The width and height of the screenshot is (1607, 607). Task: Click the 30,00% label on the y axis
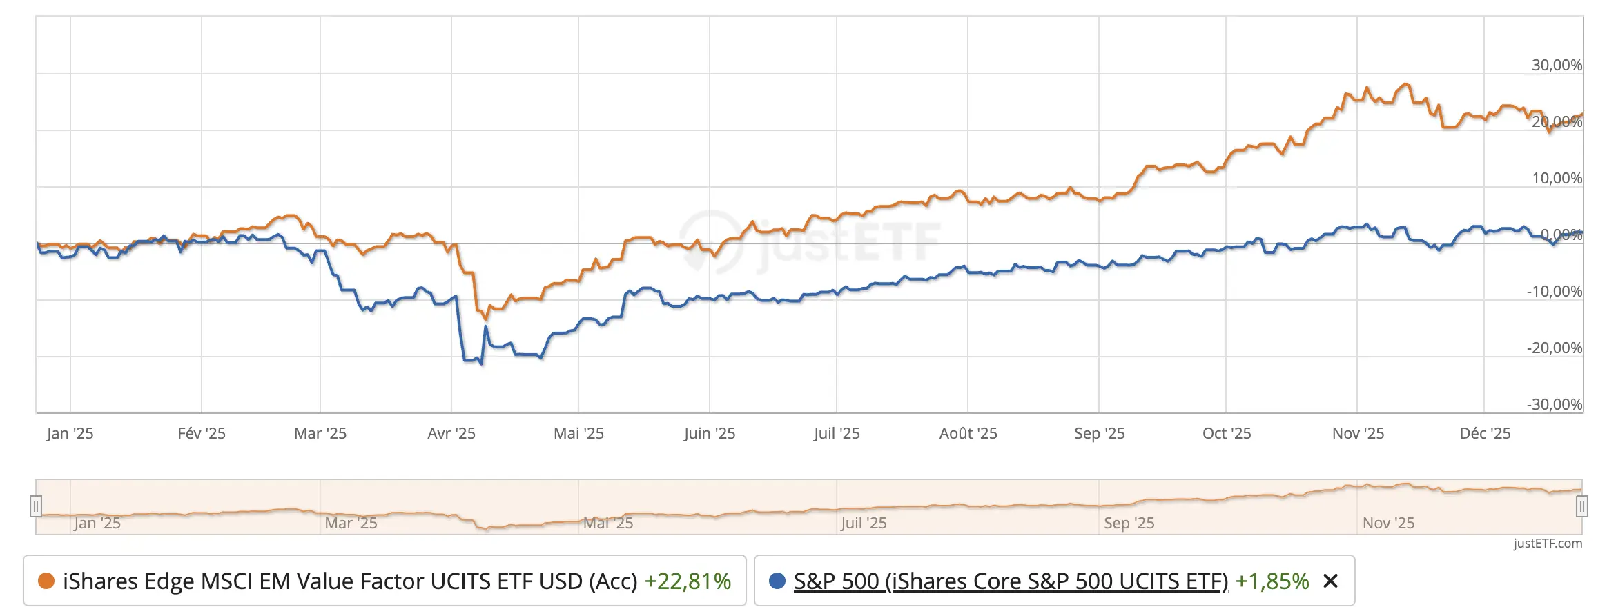coord(1557,65)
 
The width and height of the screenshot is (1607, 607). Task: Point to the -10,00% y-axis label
coord(1554,291)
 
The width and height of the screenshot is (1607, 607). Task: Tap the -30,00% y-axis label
coord(1554,404)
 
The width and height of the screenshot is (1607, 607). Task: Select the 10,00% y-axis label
coord(1557,178)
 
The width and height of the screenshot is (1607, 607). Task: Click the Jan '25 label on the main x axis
coord(70,433)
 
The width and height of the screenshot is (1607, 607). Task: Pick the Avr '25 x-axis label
coord(451,433)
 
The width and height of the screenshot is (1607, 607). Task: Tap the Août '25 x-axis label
coord(968,433)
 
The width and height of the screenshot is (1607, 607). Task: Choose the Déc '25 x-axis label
coord(1485,433)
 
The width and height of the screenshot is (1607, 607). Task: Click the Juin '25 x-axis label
coord(710,433)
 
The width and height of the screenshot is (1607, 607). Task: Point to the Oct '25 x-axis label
coord(1227,433)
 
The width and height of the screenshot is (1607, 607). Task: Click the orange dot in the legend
coord(46,581)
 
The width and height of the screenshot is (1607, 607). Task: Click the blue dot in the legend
coord(777,581)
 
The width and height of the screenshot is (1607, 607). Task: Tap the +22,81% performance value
coord(688,581)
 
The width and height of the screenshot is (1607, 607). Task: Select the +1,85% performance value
coord(1272,581)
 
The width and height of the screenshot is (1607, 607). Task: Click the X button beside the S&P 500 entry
coord(1330,581)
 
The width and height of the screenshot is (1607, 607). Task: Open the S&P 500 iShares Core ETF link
coord(1011,581)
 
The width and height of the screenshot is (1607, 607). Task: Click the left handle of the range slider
coord(36,506)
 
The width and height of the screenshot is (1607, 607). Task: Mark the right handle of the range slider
coord(1582,506)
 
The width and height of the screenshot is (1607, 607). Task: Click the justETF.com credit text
coord(1548,544)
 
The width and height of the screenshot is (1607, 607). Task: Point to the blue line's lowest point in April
coord(481,364)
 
